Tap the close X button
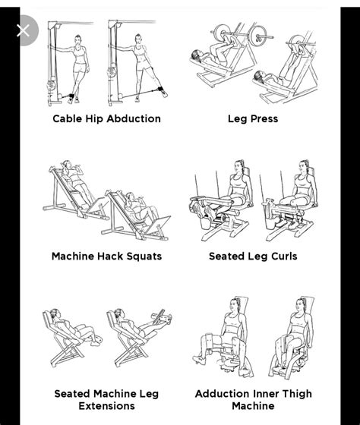pyautogui.click(x=23, y=30)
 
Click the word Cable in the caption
pyautogui.click(x=68, y=119)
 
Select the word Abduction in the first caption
pyautogui.click(x=134, y=119)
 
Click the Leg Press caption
pyautogui.click(x=253, y=119)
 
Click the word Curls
pyautogui.click(x=282, y=257)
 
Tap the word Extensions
pyautogui.click(x=106, y=406)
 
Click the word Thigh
pyautogui.click(x=295, y=394)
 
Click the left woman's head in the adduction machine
pyautogui.click(x=232, y=304)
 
